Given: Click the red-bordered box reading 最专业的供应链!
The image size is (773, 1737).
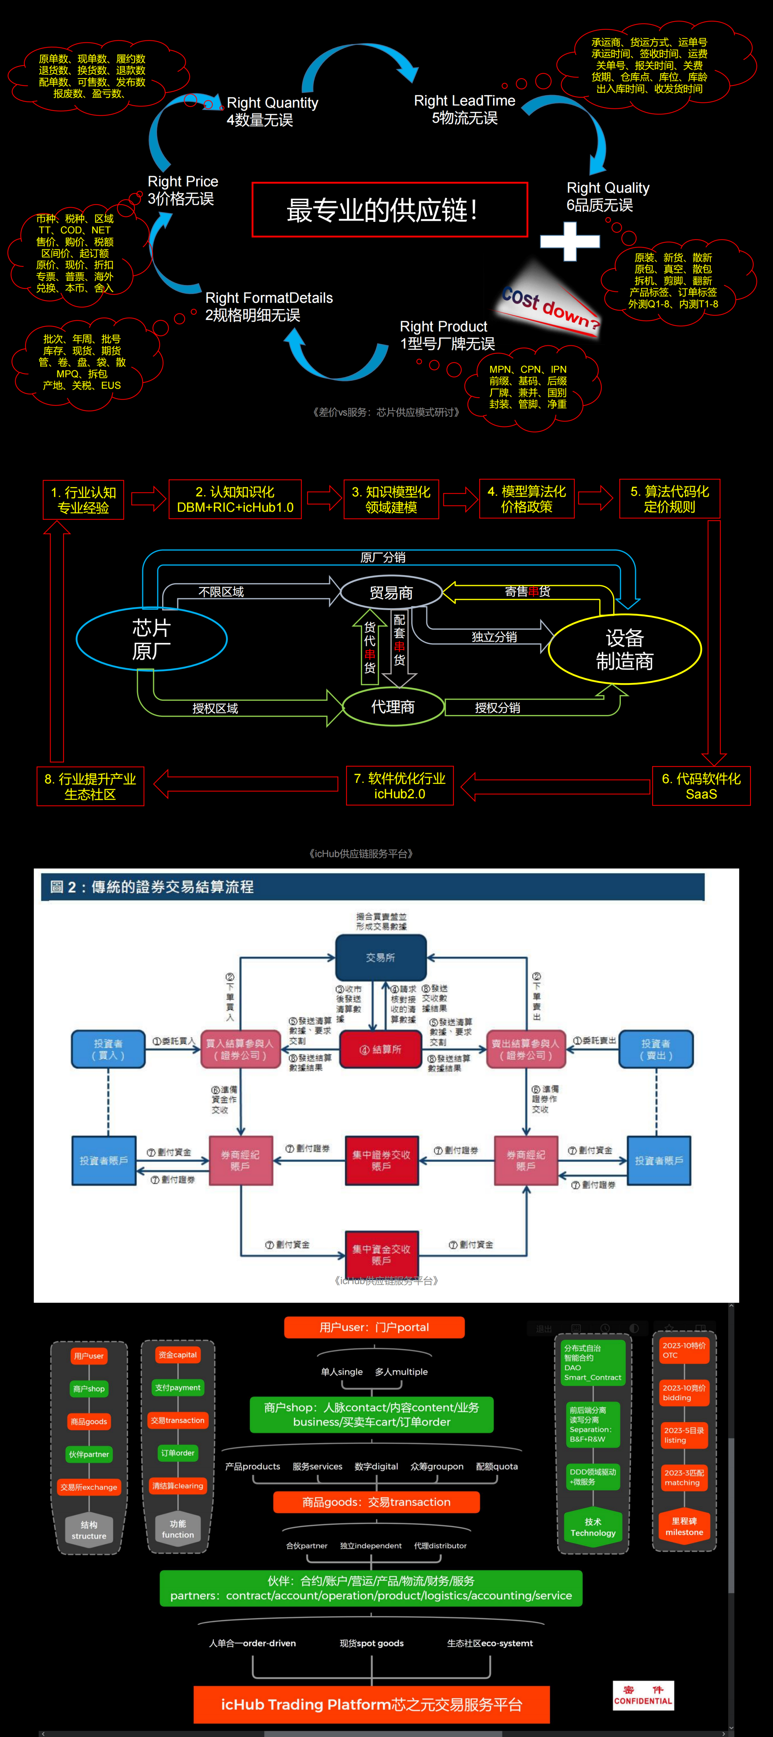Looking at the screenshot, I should click(389, 210).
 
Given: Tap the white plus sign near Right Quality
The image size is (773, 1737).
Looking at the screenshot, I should click(570, 241).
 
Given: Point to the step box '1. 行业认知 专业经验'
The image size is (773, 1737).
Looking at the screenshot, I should click(83, 500).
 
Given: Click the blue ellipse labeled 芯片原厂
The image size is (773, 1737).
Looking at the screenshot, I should click(152, 639).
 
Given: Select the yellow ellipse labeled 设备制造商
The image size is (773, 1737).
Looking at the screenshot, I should click(625, 649).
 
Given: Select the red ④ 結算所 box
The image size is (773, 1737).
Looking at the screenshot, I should click(380, 1049).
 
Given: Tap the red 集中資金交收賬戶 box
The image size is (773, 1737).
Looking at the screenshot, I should click(381, 1254).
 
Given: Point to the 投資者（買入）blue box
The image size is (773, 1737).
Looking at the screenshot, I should click(108, 1049).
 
